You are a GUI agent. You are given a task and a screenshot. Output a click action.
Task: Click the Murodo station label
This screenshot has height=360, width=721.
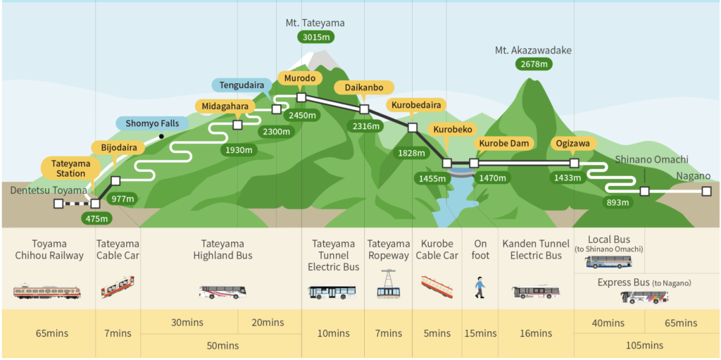point(300,78)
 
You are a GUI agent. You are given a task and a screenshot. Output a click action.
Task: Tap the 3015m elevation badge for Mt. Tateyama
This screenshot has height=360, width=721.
point(315,37)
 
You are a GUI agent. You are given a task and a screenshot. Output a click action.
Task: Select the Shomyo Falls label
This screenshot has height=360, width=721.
point(151,123)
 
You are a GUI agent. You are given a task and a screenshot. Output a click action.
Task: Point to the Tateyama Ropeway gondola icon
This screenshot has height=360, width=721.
point(389,284)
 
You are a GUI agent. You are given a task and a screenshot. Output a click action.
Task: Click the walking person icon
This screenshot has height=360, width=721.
point(479,288)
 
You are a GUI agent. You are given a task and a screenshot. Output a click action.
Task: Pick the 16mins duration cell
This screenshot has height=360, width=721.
point(536,333)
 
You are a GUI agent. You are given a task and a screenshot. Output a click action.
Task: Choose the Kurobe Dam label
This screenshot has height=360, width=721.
point(504,143)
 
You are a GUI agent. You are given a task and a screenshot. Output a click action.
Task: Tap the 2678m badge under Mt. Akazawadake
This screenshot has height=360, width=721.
point(534,64)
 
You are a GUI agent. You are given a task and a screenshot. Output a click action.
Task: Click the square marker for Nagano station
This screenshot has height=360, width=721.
point(706,191)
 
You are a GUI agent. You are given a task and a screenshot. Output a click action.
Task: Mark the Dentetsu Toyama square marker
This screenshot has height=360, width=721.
point(58,204)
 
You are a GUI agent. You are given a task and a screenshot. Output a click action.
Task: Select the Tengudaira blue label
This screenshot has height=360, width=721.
point(241,85)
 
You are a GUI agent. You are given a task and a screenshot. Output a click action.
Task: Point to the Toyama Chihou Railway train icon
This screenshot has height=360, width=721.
point(47,292)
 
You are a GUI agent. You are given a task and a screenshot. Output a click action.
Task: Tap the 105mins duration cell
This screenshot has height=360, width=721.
point(645,345)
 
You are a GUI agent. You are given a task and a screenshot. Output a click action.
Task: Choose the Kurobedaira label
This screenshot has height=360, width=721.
point(416,105)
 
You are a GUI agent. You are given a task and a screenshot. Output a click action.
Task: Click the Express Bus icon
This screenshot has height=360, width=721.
point(644,297)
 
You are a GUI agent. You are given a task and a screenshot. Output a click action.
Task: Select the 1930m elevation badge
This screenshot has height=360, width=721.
point(239,149)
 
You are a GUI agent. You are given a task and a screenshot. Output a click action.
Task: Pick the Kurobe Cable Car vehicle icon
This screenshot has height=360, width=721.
point(437,286)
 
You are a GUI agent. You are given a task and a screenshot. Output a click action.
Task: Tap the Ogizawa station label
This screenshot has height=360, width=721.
point(572,143)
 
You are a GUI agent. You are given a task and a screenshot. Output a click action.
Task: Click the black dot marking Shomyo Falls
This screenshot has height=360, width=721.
point(161,136)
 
